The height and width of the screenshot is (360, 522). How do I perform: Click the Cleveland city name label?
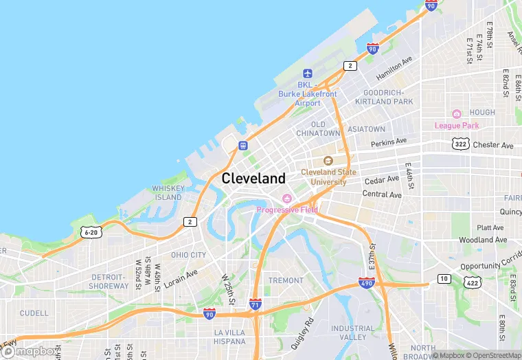coord(253,179)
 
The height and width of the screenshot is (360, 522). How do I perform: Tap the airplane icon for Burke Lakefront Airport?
coord(308,74)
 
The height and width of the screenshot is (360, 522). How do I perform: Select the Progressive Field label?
coord(287,210)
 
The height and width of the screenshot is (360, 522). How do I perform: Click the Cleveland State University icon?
coord(328,161)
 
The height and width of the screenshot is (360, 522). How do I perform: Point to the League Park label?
coord(457,125)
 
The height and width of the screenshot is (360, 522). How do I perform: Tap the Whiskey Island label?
coord(168,192)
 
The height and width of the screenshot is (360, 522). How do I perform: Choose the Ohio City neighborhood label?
coord(188,255)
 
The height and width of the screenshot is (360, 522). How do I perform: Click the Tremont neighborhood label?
coord(286,280)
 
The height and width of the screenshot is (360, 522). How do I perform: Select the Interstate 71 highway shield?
coord(255,304)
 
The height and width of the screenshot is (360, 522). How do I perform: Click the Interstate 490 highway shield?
coord(366,282)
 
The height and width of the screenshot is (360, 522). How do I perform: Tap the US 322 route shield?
coord(459,144)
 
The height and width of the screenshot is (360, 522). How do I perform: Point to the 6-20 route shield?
coord(91,233)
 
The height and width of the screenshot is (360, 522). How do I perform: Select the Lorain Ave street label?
coord(181,277)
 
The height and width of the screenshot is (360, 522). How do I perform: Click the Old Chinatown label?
coord(318,128)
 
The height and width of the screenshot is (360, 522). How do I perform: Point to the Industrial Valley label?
coord(352,333)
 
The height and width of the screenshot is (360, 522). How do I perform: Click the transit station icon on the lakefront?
coord(243,145)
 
